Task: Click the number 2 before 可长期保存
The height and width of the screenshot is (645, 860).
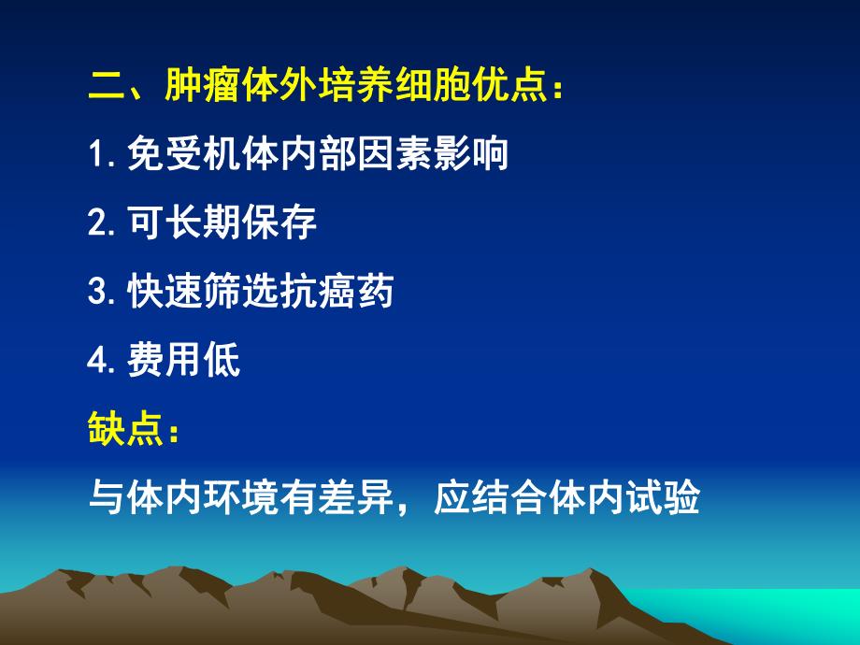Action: pyautogui.click(x=96, y=223)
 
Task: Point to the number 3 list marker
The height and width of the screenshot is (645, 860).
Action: pyautogui.click(x=96, y=293)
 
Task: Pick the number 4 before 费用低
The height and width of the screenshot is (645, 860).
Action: pyautogui.click(x=96, y=362)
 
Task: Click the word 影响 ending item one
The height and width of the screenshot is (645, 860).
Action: pyautogui.click(x=471, y=154)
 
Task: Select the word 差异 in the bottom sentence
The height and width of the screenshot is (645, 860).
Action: pyautogui.click(x=356, y=500)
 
